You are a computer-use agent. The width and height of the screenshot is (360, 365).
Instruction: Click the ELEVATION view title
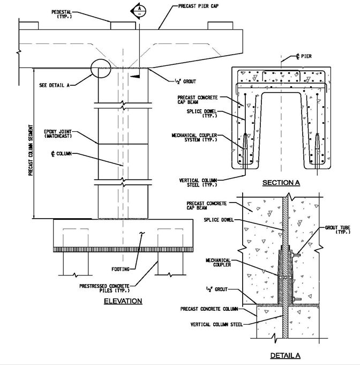click(x=123, y=301)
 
